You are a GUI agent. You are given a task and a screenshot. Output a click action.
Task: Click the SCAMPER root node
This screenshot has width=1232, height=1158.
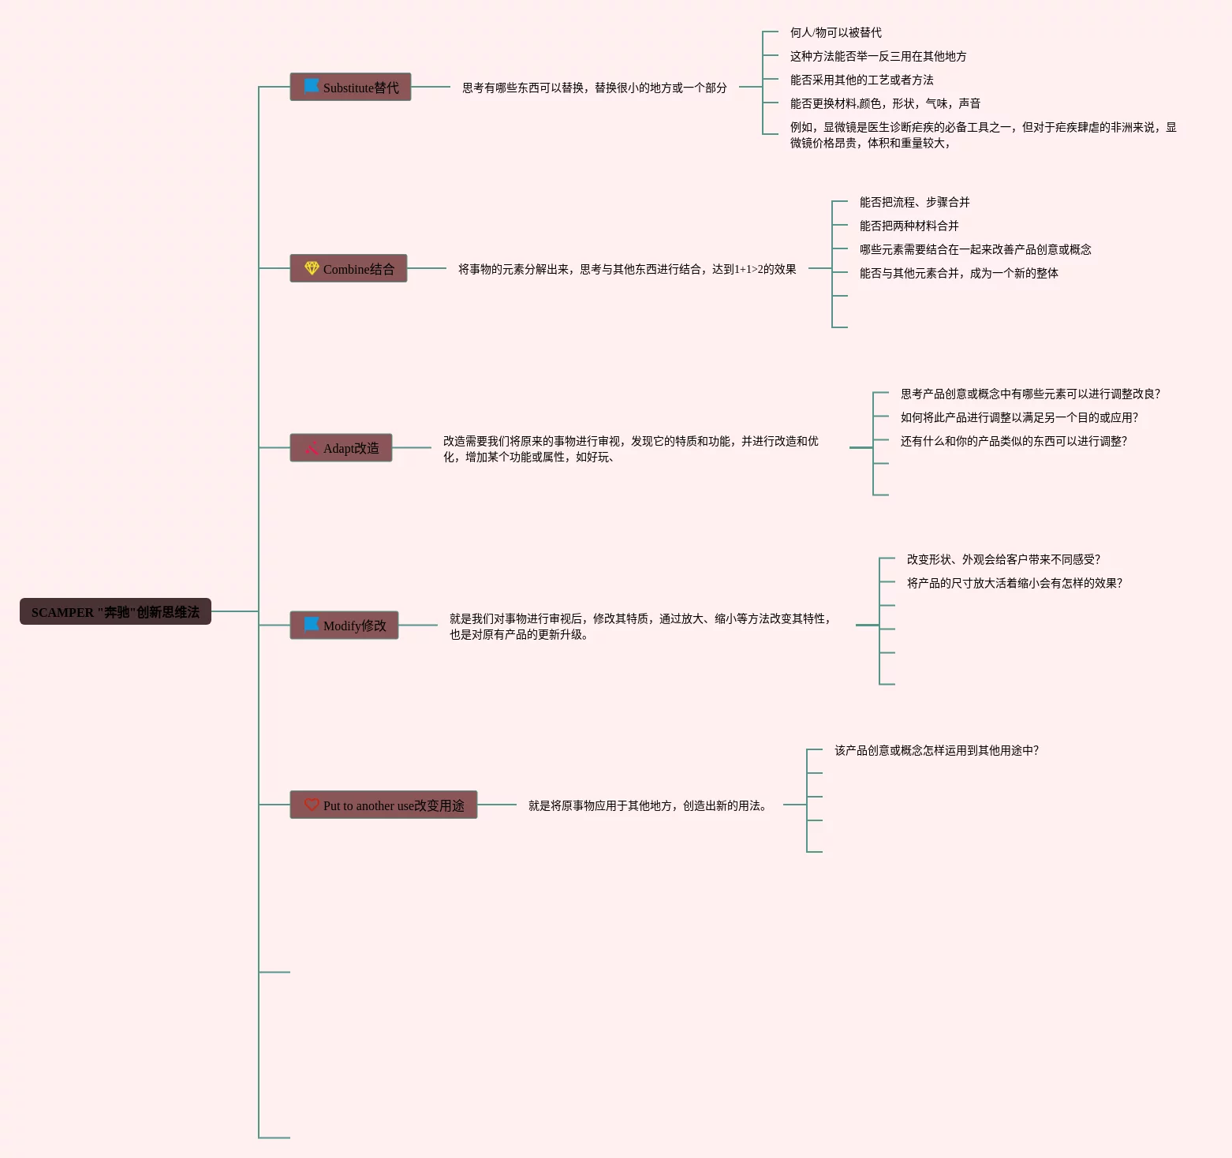(115, 611)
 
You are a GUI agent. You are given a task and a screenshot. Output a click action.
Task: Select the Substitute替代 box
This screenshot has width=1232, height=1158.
(350, 87)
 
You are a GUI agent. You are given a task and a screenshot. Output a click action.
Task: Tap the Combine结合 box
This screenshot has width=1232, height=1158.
(349, 268)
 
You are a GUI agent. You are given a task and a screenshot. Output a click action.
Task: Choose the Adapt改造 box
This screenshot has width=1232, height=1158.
(341, 448)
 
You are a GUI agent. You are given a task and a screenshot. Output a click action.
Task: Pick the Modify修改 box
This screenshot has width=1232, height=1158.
(344, 626)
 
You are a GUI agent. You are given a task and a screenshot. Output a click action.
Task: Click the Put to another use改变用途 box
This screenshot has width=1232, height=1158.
(383, 805)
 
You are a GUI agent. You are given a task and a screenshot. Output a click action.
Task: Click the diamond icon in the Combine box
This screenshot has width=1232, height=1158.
(312, 268)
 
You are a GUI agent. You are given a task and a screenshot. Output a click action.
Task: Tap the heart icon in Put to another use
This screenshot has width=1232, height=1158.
(312, 805)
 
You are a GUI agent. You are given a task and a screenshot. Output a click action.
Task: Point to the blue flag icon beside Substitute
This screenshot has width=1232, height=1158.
(312, 85)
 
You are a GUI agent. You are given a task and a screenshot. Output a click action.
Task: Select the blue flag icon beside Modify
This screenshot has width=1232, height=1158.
(312, 624)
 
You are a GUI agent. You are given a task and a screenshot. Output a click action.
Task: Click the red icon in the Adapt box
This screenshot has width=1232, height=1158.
(312, 448)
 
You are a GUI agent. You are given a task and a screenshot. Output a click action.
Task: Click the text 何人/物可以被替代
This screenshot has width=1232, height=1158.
(835, 32)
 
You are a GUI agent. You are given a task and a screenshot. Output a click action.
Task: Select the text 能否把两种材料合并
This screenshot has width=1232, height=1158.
(909, 226)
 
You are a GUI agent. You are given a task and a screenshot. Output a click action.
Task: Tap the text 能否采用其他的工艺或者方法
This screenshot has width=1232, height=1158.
(861, 80)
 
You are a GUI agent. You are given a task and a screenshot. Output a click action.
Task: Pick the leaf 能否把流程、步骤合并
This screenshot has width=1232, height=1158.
(914, 202)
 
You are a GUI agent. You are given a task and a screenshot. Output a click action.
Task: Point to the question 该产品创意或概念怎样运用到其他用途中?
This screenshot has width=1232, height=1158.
(936, 750)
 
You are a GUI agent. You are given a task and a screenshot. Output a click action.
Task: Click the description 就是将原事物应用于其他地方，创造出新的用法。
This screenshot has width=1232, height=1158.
(647, 805)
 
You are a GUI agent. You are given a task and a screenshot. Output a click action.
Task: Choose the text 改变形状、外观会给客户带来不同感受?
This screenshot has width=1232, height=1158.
(1002, 559)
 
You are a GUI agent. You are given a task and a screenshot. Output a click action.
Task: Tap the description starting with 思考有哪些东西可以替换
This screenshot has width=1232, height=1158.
(594, 88)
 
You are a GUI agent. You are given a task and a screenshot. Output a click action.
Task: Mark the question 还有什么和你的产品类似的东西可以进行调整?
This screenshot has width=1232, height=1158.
(1014, 441)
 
